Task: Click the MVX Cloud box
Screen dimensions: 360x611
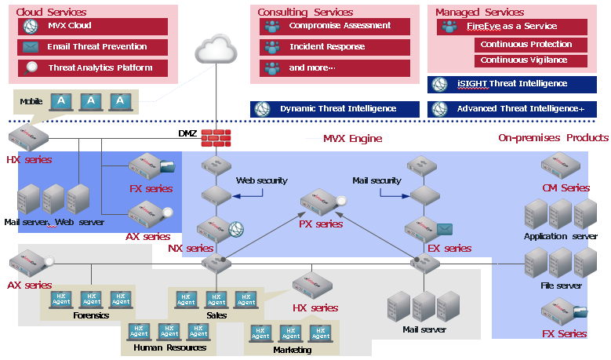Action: tap(93, 26)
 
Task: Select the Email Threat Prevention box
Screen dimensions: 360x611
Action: tap(93, 47)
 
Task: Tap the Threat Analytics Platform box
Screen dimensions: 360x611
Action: tap(93, 68)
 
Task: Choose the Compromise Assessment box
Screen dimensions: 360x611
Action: tap(334, 26)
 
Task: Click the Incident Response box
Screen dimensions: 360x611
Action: tap(334, 47)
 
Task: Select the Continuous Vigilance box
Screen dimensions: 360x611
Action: tap(523, 60)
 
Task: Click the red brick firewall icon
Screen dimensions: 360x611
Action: tap(215, 137)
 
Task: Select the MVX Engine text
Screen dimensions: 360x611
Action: tap(352, 139)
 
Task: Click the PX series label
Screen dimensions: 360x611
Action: tap(321, 224)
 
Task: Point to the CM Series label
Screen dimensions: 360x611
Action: tap(566, 188)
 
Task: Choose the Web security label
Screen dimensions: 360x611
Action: tap(262, 181)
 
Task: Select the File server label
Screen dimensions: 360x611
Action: tap(561, 286)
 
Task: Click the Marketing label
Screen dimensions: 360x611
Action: tap(292, 350)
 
